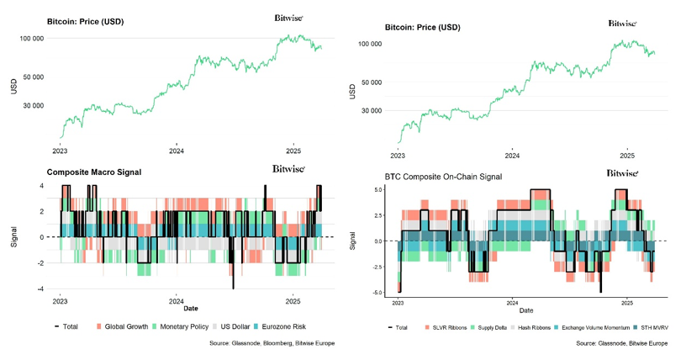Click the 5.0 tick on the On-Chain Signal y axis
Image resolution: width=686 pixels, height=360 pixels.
click(x=379, y=190)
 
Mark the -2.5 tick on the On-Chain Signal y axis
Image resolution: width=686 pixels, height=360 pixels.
click(x=377, y=267)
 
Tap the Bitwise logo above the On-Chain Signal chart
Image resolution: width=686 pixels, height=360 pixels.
click(x=622, y=172)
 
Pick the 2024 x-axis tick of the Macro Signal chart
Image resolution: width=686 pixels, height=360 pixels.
click(x=177, y=301)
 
